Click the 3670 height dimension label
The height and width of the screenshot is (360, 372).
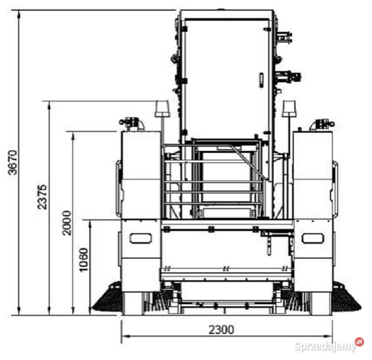pos(13,163)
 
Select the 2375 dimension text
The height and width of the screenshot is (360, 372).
pos(42,197)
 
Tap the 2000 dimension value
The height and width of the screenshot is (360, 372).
pos(67,223)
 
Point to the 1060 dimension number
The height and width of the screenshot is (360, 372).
pos(83,260)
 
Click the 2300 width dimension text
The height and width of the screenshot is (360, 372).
pos(221,330)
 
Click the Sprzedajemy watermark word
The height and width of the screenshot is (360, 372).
pos(325,347)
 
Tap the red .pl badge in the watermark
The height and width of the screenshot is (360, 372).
pos(360,342)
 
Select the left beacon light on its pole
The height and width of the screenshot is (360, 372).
pos(162,109)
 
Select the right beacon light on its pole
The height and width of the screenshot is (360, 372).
pos(289,109)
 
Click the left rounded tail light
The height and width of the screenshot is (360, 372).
pos(141,238)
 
